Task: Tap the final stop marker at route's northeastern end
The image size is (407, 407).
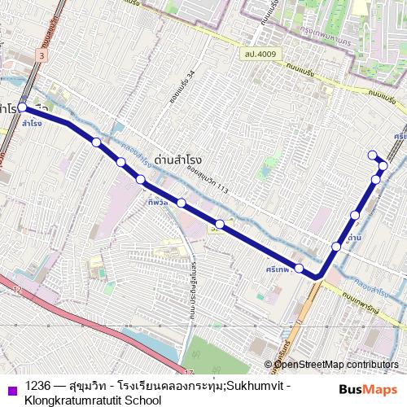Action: tap(372, 155)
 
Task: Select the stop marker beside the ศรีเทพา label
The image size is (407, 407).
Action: tap(299, 269)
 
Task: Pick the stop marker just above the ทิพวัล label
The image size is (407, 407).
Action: tap(141, 179)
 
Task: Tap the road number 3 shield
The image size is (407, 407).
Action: tap(42, 54)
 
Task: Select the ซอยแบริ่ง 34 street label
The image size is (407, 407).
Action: tap(191, 86)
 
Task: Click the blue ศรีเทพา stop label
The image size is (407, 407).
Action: tap(278, 268)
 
